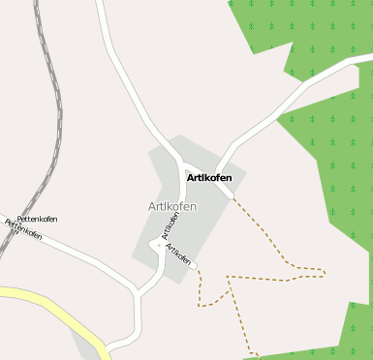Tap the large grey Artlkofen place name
[x=172, y=207]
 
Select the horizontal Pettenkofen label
[x=38, y=220]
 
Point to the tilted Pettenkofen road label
[x=24, y=229]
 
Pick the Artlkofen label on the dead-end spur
[x=178, y=254]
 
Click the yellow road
[x=58, y=310]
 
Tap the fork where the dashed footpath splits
[x=230, y=278]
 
